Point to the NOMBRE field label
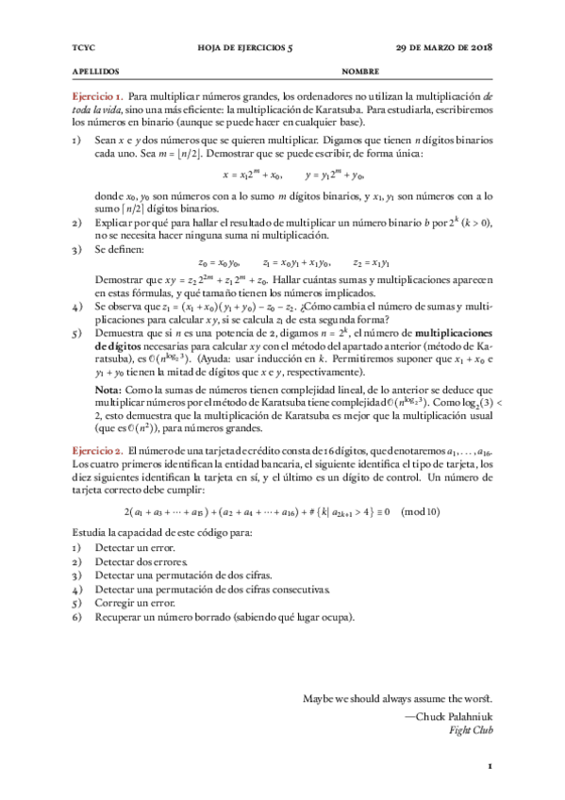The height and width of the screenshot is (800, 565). tap(360, 71)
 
